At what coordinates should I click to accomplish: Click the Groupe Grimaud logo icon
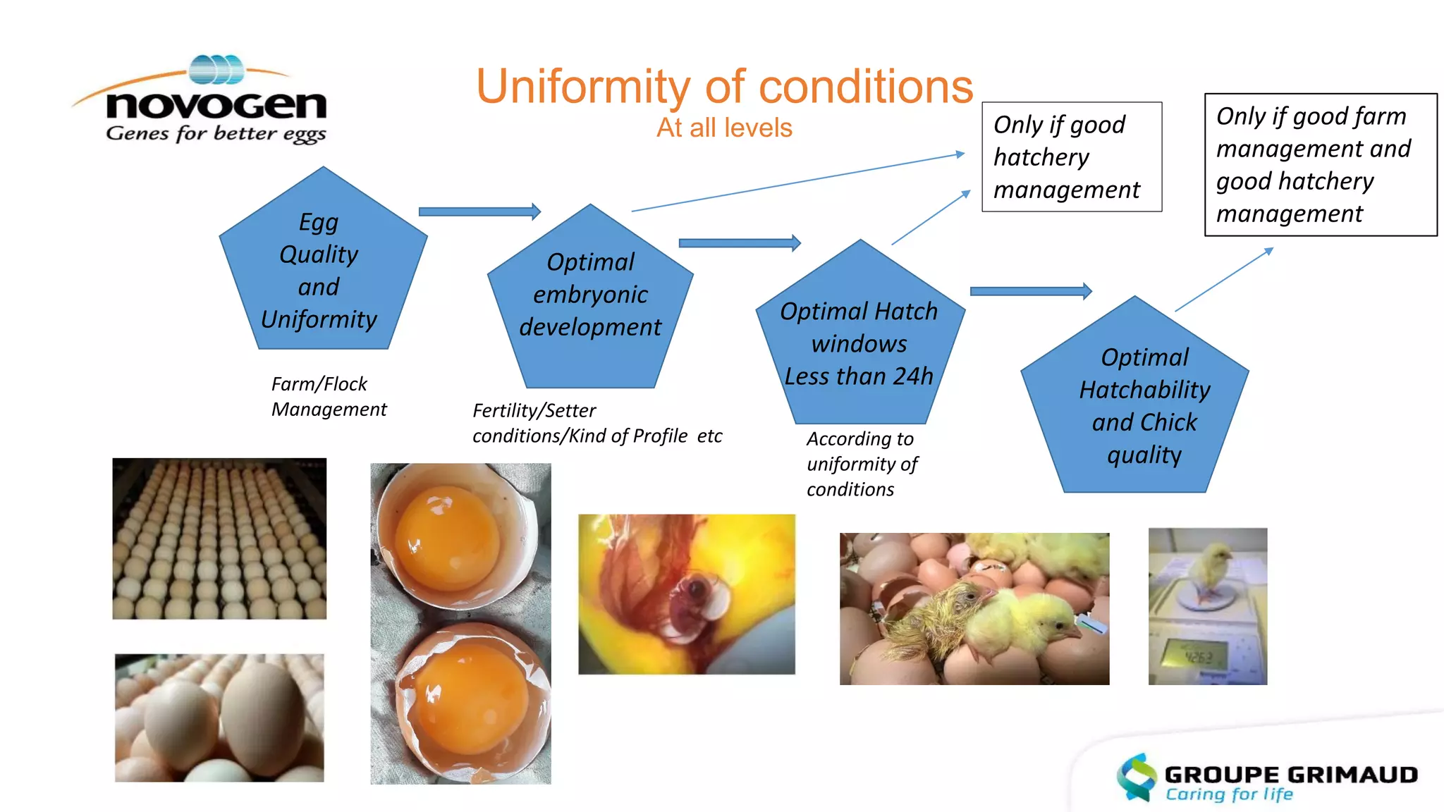1137,777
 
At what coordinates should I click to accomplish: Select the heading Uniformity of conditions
724,87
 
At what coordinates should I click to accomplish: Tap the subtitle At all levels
724,128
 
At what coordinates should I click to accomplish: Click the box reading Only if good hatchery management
1071,157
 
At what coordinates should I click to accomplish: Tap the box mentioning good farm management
1320,165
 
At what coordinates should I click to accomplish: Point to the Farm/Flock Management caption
328,396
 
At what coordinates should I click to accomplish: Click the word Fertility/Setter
534,410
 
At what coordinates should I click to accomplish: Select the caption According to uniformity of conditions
862,464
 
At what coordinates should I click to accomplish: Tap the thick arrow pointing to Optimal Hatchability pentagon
1030,291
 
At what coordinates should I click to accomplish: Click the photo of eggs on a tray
219,539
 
